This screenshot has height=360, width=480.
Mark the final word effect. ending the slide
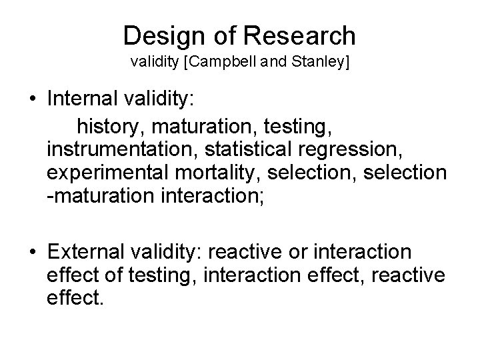click(75, 301)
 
